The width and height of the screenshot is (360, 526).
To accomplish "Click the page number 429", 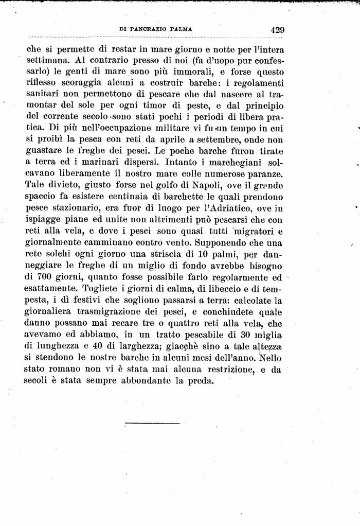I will (277, 29).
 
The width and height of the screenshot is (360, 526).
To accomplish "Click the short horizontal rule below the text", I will (152, 424).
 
